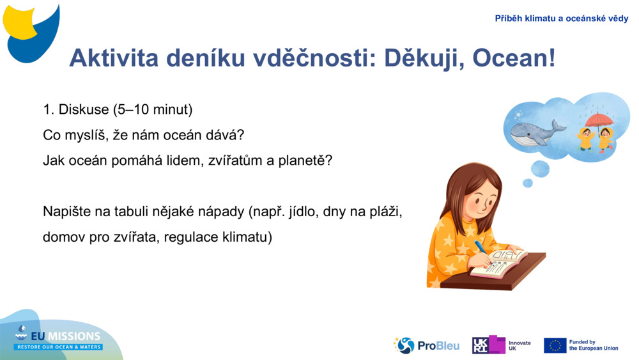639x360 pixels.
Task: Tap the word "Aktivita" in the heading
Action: point(114,58)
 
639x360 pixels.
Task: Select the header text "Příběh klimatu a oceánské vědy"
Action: point(561,19)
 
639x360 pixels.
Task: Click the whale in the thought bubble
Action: point(535,132)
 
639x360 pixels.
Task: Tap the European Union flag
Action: point(555,345)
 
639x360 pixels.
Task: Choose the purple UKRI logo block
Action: point(489,345)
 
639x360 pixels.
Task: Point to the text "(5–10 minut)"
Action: point(153,109)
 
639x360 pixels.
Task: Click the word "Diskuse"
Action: point(84,109)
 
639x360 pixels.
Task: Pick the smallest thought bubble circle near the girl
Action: point(527,183)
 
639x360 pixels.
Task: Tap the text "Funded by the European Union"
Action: point(594,345)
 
